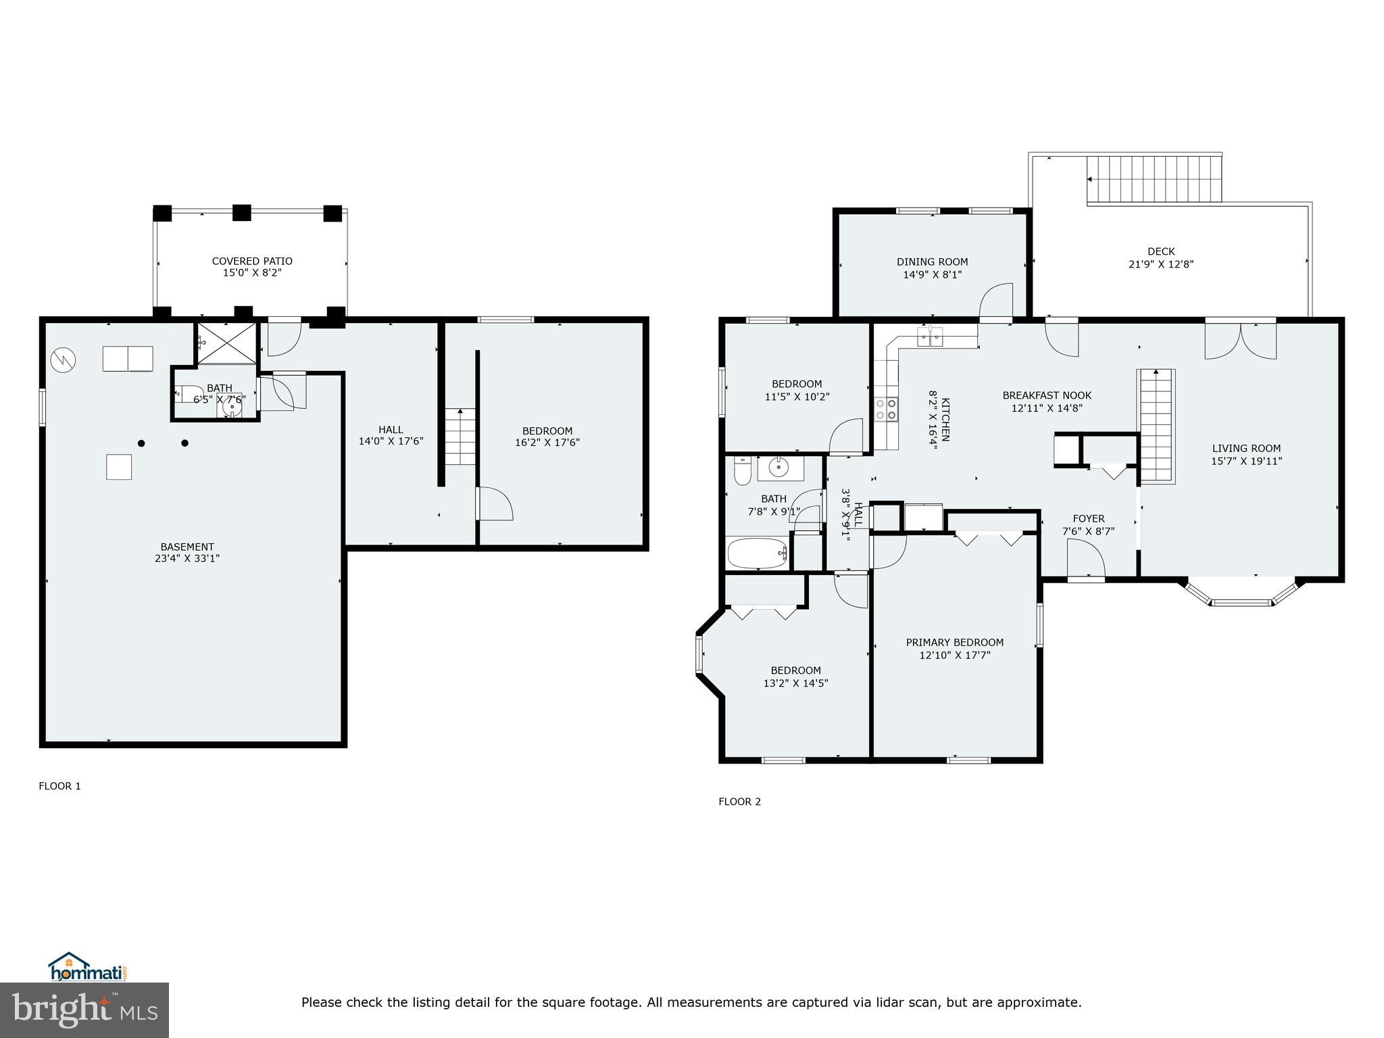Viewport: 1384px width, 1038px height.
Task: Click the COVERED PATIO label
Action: click(x=252, y=261)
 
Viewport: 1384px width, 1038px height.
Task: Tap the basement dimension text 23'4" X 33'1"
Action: click(x=187, y=559)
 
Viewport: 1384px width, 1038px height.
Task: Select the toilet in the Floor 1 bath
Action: click(x=189, y=393)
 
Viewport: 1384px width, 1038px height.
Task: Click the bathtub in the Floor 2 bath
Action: click(x=758, y=553)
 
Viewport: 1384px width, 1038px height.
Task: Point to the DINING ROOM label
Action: click(x=932, y=262)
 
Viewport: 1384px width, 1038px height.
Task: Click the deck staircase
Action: click(x=1154, y=180)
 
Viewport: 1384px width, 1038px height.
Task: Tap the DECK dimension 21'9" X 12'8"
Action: click(x=1161, y=264)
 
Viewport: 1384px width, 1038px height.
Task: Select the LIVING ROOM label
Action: click(x=1246, y=448)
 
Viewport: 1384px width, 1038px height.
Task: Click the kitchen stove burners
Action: click(x=886, y=410)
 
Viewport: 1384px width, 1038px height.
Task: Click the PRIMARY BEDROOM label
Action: click(x=954, y=642)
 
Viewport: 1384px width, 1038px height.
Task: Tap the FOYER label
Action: click(x=1088, y=518)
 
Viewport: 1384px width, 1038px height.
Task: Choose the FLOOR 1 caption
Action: click(x=59, y=786)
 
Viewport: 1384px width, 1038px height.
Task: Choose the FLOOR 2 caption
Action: click(x=739, y=801)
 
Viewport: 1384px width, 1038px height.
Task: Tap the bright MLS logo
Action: click(x=84, y=1010)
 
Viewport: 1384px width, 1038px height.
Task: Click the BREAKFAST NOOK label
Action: click(x=1046, y=395)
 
